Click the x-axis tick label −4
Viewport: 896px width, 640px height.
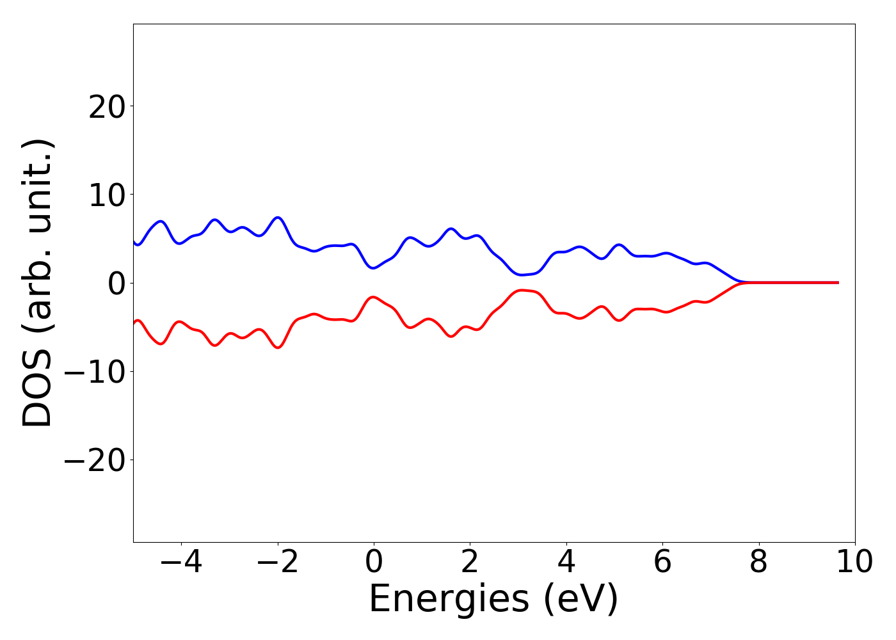point(181,563)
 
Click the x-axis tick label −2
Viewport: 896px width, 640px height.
point(277,563)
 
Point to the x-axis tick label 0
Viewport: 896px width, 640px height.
point(374,563)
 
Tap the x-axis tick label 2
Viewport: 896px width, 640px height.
point(470,563)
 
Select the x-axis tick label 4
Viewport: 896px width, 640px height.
point(566,563)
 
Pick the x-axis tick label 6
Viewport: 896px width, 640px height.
point(662,563)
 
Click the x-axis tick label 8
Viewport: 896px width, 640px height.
point(758,563)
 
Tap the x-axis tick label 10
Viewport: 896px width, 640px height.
point(854,563)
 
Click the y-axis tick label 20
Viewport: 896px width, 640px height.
point(106,107)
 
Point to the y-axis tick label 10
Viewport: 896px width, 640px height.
point(106,195)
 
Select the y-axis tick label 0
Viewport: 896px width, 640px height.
point(116,284)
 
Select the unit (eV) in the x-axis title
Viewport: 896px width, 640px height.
point(581,600)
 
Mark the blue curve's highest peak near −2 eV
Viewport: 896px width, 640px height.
point(277,218)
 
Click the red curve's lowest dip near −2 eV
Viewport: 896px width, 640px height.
point(277,348)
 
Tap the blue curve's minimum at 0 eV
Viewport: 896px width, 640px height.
point(374,268)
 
